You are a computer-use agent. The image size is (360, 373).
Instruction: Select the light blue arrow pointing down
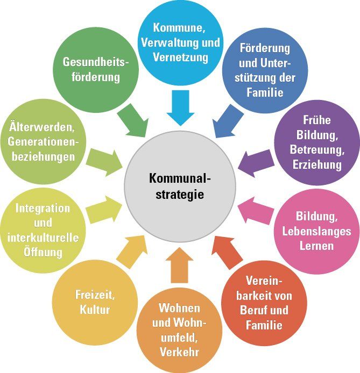(x=179, y=107)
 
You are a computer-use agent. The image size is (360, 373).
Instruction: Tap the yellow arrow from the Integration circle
(x=105, y=210)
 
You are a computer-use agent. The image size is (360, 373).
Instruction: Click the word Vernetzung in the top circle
(x=179, y=55)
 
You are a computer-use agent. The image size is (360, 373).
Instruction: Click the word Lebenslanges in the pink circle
(x=316, y=231)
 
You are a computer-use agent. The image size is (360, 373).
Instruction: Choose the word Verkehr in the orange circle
(x=179, y=352)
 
